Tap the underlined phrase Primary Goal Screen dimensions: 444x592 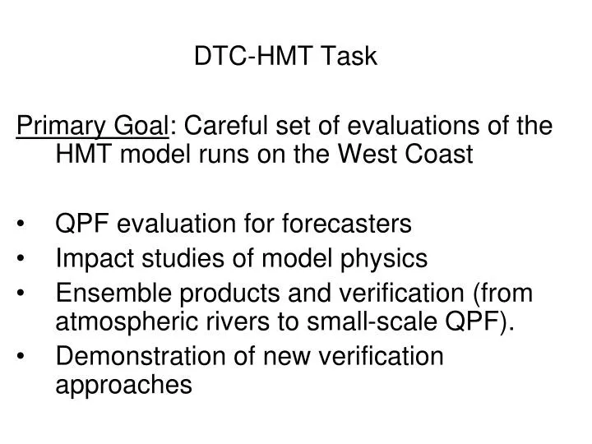coord(93,126)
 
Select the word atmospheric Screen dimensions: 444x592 coord(117,320)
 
